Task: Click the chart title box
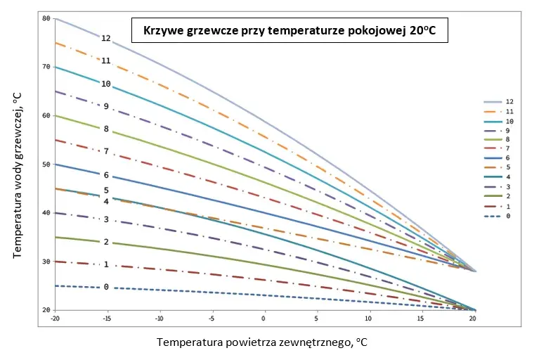(290, 30)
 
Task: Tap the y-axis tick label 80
(46, 18)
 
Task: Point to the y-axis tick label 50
(46, 165)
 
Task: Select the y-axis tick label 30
(46, 262)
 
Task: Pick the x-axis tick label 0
(264, 319)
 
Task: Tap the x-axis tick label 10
(368, 319)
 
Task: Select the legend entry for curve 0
(497, 216)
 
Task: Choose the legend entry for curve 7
(497, 148)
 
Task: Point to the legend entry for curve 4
(497, 177)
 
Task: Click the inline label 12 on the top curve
(106, 39)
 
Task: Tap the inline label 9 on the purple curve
(106, 106)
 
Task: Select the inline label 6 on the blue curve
(106, 175)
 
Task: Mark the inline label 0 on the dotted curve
(106, 287)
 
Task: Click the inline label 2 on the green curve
(106, 242)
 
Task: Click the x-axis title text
(262, 342)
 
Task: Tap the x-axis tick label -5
(211, 319)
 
